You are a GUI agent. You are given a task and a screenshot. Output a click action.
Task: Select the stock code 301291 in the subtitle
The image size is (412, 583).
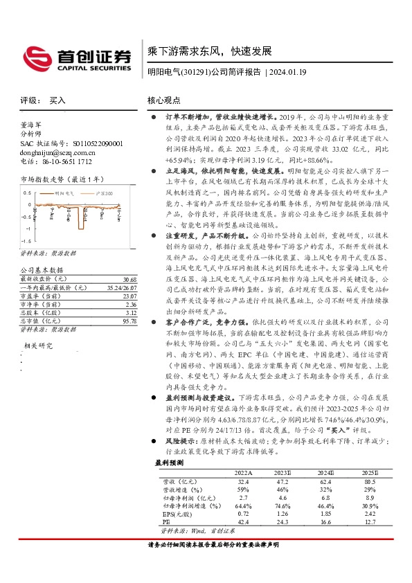pyautogui.click(x=195, y=71)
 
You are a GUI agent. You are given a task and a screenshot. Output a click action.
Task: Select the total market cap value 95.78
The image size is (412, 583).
pyautogui.click(x=130, y=301)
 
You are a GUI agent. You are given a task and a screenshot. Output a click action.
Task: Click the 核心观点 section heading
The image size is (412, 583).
pyautogui.click(x=167, y=100)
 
